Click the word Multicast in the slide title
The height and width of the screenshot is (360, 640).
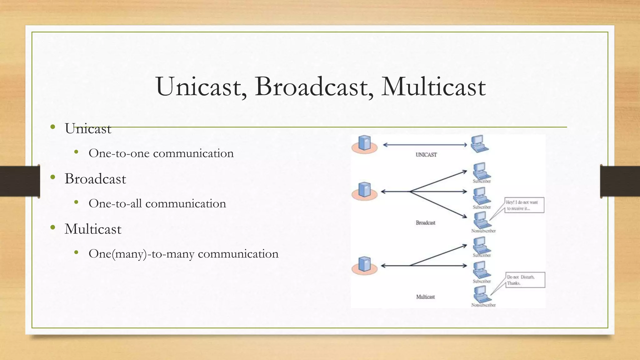tap(433, 87)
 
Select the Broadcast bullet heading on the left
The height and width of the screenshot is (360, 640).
tap(95, 179)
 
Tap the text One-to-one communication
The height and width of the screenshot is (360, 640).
tap(161, 153)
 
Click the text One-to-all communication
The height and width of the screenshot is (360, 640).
tap(157, 204)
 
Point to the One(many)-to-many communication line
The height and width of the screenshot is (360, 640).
tap(183, 254)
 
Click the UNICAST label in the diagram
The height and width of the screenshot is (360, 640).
tap(426, 155)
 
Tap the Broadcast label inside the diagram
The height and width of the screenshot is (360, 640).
tap(425, 223)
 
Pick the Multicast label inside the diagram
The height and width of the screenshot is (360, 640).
tap(425, 297)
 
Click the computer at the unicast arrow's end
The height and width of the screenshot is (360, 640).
tap(479, 143)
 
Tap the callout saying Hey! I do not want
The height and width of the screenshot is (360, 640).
tap(524, 205)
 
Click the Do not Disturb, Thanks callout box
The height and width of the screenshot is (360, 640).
tap(525, 280)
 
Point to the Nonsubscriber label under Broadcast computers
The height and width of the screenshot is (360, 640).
tap(483, 231)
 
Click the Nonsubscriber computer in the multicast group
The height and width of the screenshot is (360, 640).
tap(481, 294)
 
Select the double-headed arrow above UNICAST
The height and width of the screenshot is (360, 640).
tap(425, 145)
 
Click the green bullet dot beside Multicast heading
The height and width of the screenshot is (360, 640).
tap(53, 227)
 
